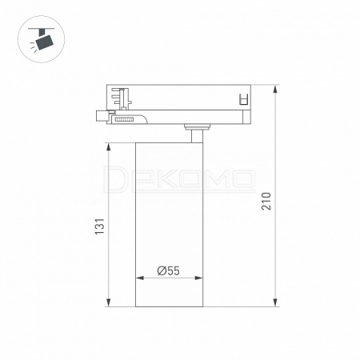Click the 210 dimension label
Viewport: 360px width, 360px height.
[266, 201]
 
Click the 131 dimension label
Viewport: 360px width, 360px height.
[99, 226]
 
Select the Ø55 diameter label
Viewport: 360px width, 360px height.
[169, 270]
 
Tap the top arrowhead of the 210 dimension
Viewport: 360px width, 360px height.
[275, 90]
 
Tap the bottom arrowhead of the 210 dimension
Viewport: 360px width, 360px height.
[275, 302]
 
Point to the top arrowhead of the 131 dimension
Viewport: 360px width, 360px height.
[108, 147]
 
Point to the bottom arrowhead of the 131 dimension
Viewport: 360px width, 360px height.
[108, 302]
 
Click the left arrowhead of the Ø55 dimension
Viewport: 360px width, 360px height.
[140, 278]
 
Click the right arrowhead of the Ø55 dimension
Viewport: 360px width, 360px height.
[198, 278]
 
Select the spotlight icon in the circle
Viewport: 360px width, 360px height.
[42, 38]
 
